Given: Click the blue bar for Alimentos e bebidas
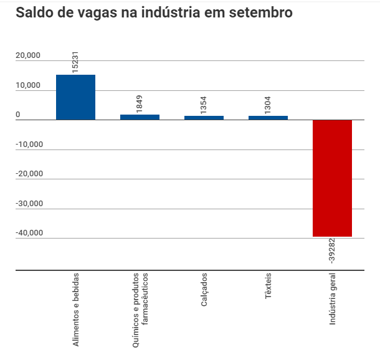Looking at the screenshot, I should (75, 97).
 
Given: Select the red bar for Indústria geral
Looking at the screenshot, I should (332, 178).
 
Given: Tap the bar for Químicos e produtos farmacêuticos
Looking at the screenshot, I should (140, 117).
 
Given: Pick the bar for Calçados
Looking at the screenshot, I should (204, 118).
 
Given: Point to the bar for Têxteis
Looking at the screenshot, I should (268, 118).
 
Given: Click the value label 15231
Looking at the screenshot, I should (75, 62).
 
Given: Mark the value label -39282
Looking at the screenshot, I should (332, 250).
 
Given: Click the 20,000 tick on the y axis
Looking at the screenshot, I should (28, 55).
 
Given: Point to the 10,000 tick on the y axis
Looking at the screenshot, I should (28, 85).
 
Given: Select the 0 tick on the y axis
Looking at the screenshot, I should (18, 115).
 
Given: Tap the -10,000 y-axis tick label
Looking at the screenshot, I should (29, 144).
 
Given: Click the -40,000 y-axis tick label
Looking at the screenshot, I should (29, 233).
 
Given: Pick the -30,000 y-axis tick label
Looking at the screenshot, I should (29, 204).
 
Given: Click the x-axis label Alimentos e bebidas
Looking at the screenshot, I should (76, 310).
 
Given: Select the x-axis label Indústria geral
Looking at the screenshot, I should (333, 300).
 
